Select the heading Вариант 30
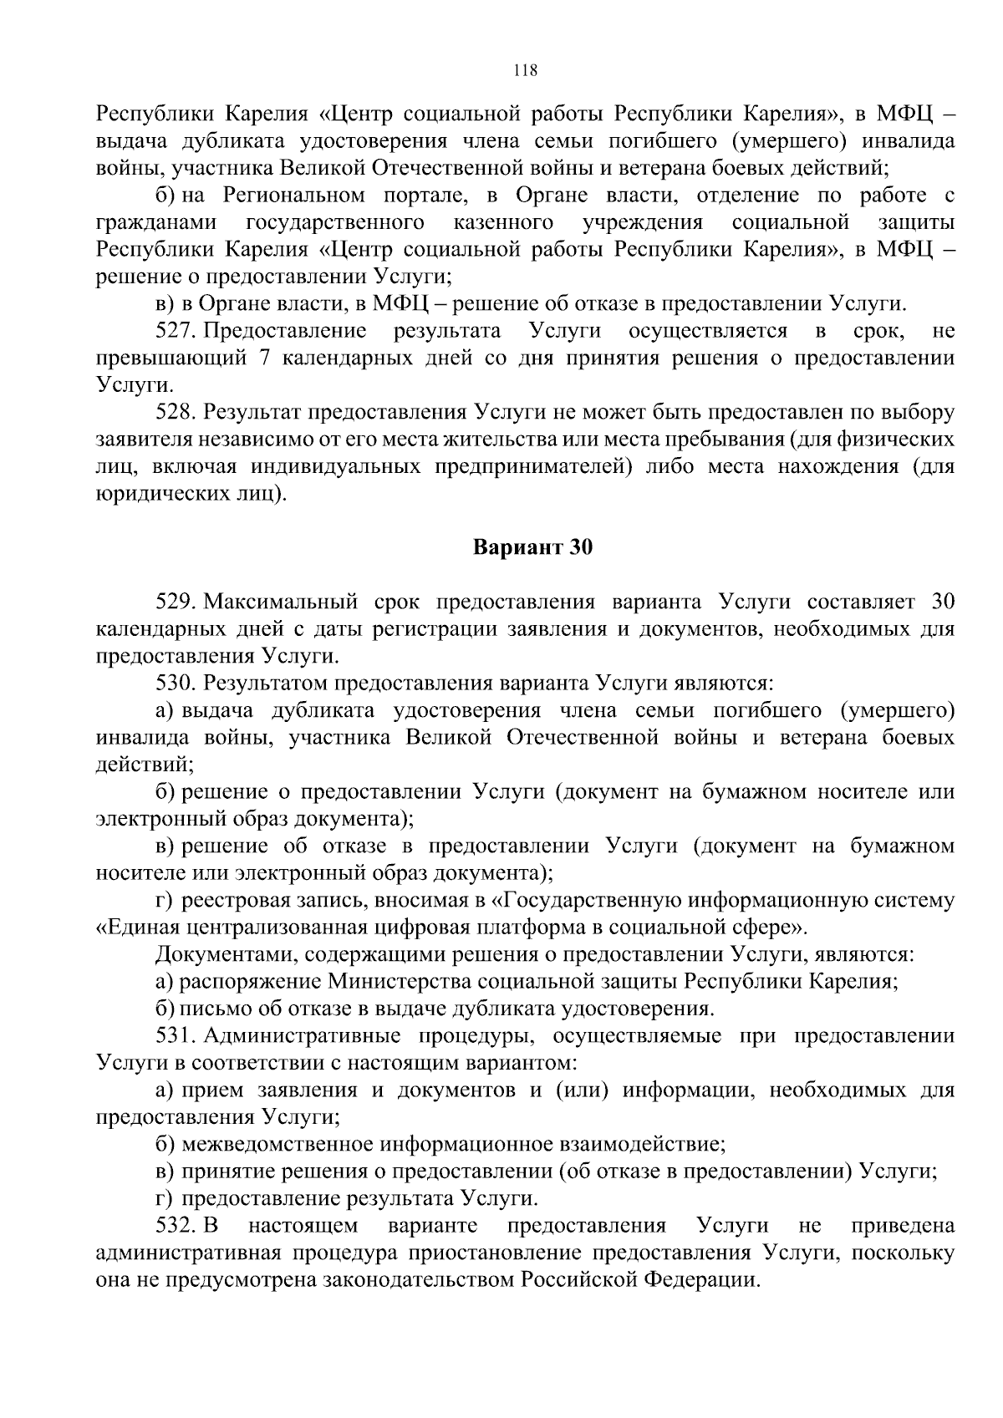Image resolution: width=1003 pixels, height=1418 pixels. click(532, 548)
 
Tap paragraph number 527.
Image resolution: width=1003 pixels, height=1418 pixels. click(176, 331)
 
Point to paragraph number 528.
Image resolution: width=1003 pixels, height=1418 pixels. click(176, 412)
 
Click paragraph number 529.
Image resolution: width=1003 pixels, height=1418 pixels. click(176, 602)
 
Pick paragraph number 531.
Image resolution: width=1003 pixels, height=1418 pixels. click(176, 1036)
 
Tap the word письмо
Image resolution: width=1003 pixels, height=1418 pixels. click(209, 1009)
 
